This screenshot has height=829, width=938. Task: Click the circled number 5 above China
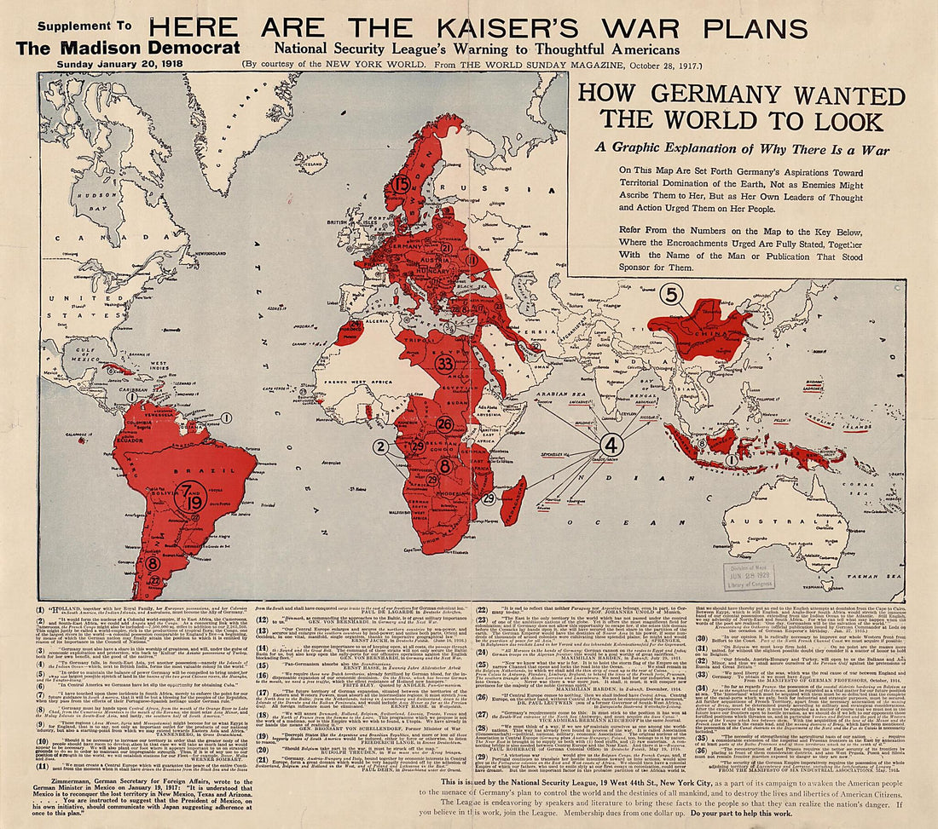point(672,295)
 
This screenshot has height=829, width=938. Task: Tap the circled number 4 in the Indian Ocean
point(610,445)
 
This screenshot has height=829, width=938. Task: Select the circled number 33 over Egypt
point(443,362)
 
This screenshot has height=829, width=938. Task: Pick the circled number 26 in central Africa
point(444,423)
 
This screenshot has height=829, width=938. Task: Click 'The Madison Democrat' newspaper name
point(128,48)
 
